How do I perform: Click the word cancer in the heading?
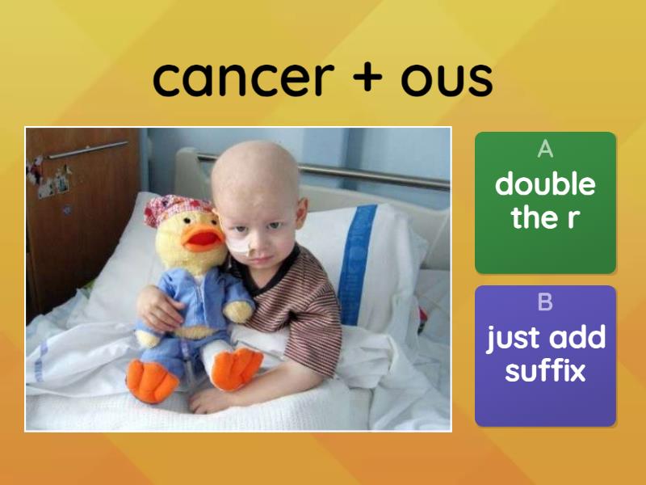[244, 78]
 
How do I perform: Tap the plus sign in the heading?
[367, 77]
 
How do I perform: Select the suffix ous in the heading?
[447, 79]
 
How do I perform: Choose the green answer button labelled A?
[545, 203]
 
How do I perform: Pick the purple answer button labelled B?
[545, 356]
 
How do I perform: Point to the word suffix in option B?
[545, 371]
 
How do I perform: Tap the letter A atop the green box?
[545, 149]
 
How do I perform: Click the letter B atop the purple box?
[545, 302]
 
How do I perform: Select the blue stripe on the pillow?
[356, 264]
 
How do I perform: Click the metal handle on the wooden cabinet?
[87, 150]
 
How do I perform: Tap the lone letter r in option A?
[573, 219]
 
